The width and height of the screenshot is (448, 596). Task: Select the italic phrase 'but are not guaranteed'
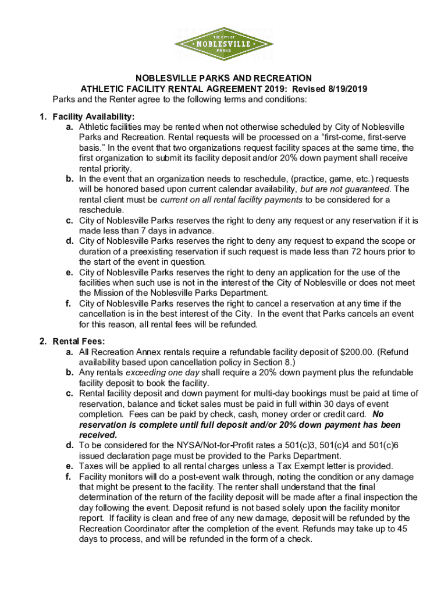click(346, 189)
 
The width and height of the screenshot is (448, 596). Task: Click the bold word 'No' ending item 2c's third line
click(378, 414)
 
